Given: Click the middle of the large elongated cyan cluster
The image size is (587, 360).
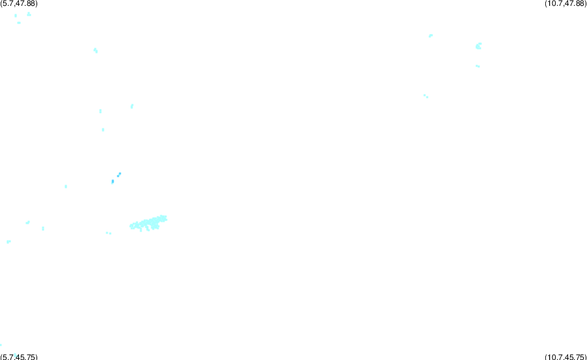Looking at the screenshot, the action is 149,223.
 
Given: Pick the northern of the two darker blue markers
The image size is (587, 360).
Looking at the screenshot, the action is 119,174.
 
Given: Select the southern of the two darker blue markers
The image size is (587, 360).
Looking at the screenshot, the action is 113,181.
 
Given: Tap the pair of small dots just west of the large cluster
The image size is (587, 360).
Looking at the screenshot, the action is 108,233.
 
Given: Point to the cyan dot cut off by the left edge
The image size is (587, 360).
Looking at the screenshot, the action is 1,344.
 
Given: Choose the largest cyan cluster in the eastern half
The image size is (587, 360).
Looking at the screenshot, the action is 479,46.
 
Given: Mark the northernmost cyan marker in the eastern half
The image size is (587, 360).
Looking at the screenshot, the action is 431,36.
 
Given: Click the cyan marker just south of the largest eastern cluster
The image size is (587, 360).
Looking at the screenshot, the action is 477,67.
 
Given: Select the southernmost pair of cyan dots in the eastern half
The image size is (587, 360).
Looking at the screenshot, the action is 426,96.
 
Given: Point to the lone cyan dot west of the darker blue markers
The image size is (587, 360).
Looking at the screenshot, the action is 66,187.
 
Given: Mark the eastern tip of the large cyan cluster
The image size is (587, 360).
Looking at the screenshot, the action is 166,219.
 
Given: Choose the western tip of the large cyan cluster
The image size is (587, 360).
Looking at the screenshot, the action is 130,226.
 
